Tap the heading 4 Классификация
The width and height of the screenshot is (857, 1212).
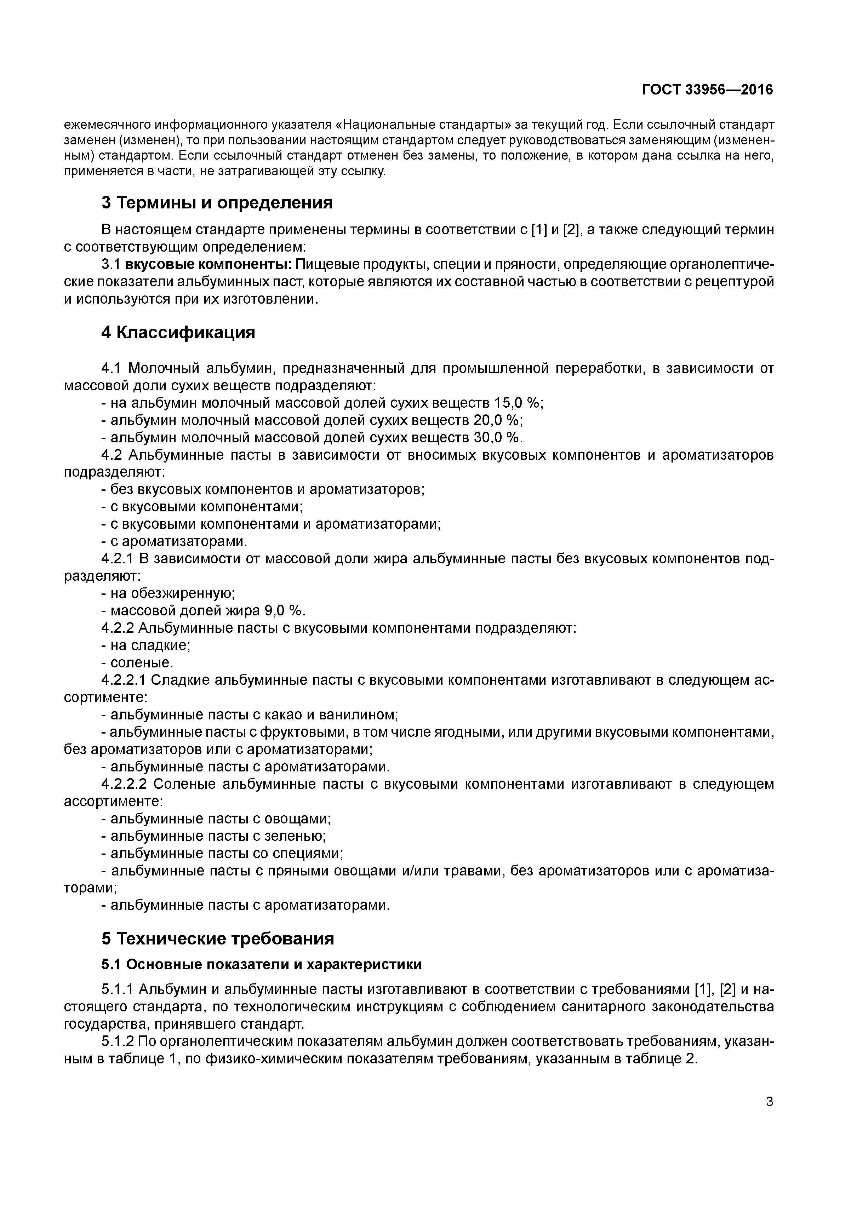pyautogui.click(x=178, y=333)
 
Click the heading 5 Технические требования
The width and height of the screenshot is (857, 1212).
pyautogui.click(x=218, y=938)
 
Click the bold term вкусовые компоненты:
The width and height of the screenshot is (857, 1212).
pyautogui.click(x=208, y=264)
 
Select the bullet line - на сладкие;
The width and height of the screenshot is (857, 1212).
pyautogui.click(x=146, y=645)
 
